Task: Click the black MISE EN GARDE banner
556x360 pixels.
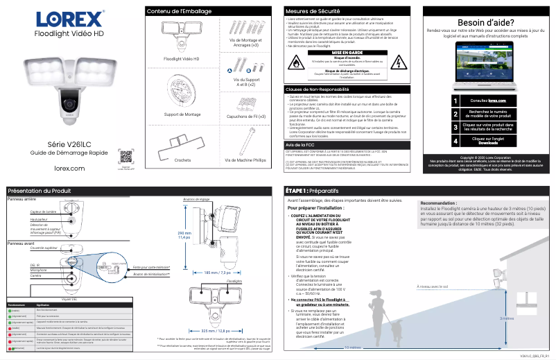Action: [347, 52]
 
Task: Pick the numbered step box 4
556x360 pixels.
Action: [455, 141]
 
